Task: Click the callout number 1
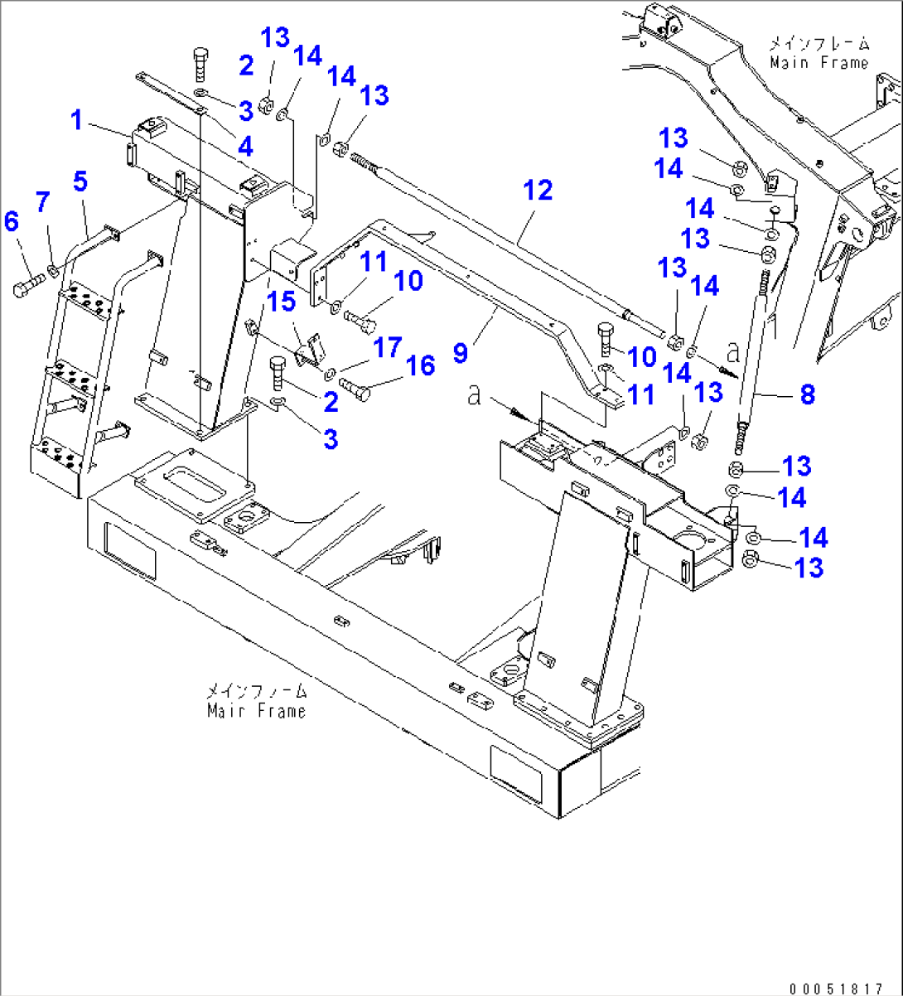point(76,120)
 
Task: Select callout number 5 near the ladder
point(80,180)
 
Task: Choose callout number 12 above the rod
point(538,190)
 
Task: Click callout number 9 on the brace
point(461,352)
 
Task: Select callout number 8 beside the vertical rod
point(807,394)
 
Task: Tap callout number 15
point(283,301)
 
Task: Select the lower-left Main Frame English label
point(256,711)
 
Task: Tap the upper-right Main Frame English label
point(818,63)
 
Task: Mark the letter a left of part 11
point(475,394)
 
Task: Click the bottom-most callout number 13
point(809,568)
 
